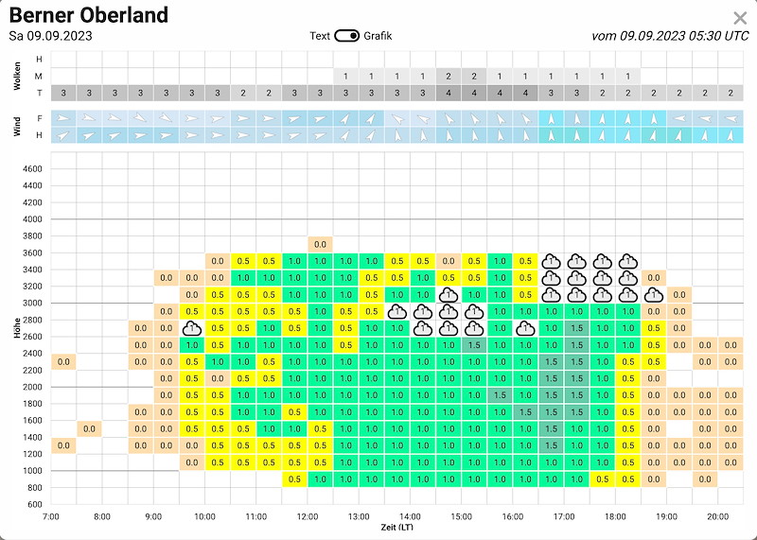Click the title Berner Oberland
tap(89, 15)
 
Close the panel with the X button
tap(740, 18)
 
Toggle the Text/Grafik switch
tap(346, 36)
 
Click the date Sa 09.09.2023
tap(51, 36)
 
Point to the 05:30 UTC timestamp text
tap(718, 36)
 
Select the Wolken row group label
tap(17, 76)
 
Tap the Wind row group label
tap(17, 127)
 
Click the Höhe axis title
tap(17, 327)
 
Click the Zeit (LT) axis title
tap(396, 527)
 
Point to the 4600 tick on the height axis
tap(32, 169)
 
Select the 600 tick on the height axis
tap(35, 504)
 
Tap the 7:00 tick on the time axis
tap(51, 517)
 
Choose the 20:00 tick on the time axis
tap(717, 517)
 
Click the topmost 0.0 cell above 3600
tap(320, 244)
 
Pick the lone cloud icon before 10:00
tap(192, 328)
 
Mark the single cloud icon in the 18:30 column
tap(654, 295)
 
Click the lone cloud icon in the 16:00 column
tap(525, 328)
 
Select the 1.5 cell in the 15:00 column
tap(474, 345)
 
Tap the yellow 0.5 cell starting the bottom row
tap(294, 479)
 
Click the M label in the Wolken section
tap(39, 76)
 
